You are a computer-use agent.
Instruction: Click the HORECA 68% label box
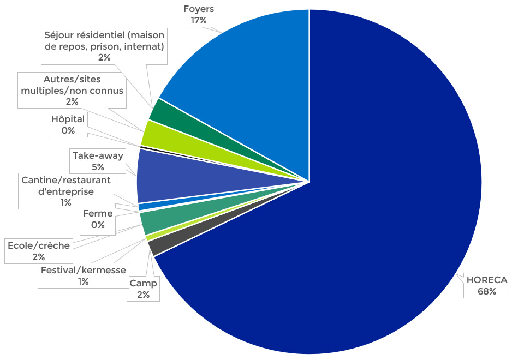486,285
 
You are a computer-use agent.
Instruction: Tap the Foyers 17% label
199,15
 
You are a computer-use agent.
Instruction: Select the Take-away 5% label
98,161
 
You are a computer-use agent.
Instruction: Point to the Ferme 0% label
98,219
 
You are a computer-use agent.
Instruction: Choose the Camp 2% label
144,289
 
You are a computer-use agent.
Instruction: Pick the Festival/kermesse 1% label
83,275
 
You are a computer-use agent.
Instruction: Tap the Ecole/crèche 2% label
38,251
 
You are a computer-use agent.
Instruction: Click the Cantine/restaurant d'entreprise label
65,191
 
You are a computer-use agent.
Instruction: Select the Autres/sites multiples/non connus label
72,90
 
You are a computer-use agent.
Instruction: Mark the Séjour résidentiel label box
104,46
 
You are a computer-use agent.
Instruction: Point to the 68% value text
486,291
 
